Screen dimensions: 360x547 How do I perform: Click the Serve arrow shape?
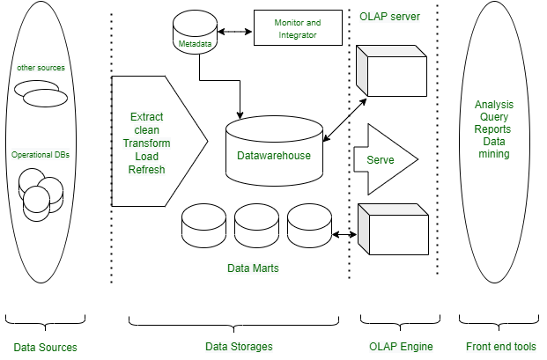click(383, 159)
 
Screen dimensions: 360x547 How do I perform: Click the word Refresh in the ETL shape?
click(146, 170)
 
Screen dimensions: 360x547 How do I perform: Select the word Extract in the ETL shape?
click(146, 116)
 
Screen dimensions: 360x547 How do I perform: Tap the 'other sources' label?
click(41, 68)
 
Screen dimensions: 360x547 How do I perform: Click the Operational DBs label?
click(41, 154)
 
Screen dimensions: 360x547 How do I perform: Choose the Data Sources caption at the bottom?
click(45, 347)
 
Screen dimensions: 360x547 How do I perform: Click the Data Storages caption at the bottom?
click(239, 347)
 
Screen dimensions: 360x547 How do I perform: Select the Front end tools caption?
click(499, 347)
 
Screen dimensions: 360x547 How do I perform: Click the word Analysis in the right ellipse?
click(493, 104)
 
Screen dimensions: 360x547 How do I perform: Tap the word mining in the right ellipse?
click(494, 154)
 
